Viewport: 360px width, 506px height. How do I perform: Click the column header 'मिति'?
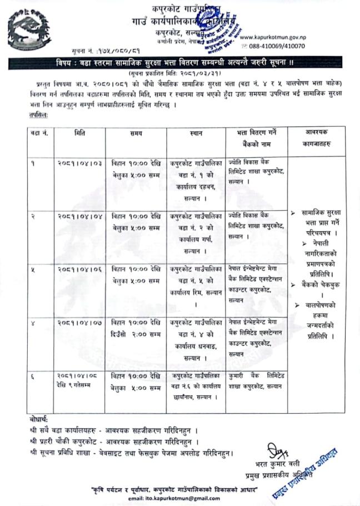(79, 134)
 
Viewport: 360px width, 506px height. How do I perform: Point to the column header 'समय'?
(136, 135)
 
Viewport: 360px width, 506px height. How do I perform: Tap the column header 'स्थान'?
(196, 135)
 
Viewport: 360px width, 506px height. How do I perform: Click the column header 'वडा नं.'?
(38, 135)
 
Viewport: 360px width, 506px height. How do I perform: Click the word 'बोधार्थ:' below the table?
(39, 419)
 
